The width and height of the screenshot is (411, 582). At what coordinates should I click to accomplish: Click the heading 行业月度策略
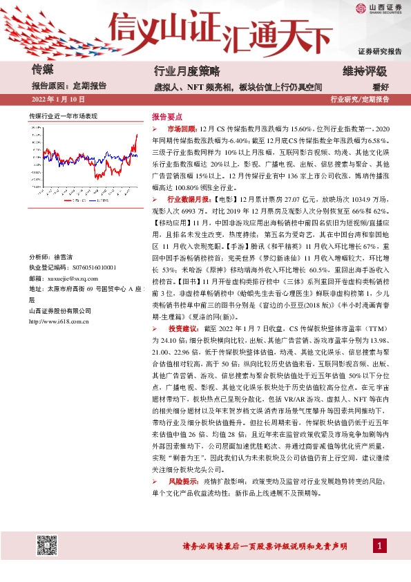click(186, 71)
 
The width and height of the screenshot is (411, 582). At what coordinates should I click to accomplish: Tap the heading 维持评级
click(364, 71)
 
